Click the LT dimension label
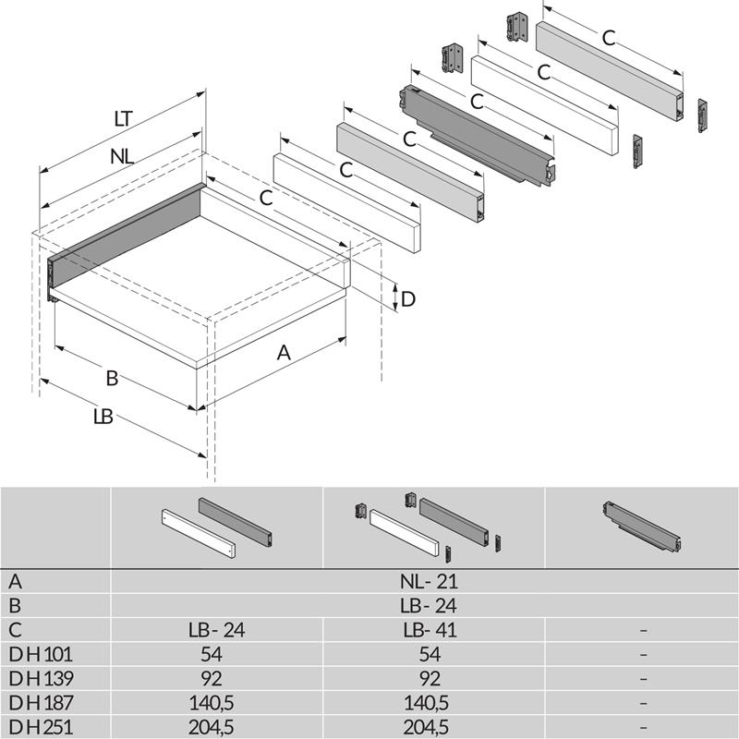pyautogui.click(x=123, y=118)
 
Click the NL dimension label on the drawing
pyautogui.click(x=122, y=156)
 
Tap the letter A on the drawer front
pyautogui.click(x=285, y=352)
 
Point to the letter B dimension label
pyautogui.click(x=112, y=378)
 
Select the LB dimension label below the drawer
pyautogui.click(x=103, y=417)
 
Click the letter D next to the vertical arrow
pyautogui.click(x=408, y=299)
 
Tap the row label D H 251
pyautogui.click(x=42, y=727)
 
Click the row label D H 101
pyautogui.click(x=42, y=655)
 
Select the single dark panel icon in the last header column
pyautogui.click(x=641, y=523)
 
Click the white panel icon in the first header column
pyautogui.click(x=199, y=535)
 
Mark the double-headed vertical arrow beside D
pyautogui.click(x=395, y=297)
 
